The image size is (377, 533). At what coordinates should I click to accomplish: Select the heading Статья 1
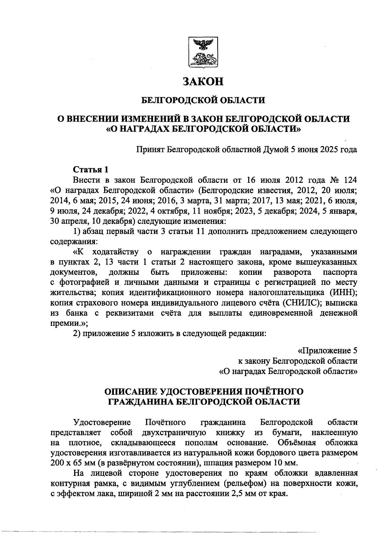click(x=91, y=170)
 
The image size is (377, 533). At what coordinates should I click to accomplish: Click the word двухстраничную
click(x=174, y=432)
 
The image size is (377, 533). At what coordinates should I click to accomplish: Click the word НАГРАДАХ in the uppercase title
click(x=141, y=129)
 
